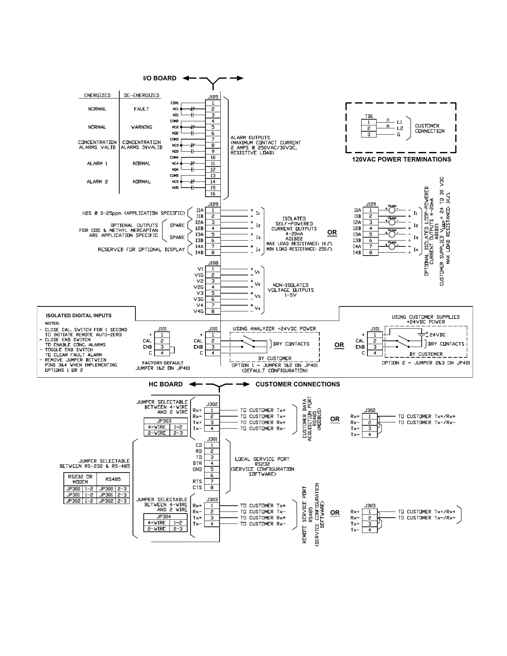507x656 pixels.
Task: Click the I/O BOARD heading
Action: click(159, 78)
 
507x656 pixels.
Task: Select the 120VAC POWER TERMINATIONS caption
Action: click(401, 159)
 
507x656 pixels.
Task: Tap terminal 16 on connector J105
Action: click(212, 194)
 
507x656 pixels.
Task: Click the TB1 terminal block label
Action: click(369, 116)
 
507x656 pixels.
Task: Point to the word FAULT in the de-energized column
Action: click(141, 109)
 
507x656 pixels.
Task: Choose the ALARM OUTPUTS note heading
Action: click(250, 137)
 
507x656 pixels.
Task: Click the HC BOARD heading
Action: click(166, 384)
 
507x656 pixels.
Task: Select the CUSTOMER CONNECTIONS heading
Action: click(297, 384)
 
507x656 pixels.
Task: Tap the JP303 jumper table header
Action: click(164, 421)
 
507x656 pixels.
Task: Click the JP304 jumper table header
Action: click(164, 516)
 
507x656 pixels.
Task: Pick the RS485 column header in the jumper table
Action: click(113, 480)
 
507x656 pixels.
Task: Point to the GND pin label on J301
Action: click(197, 470)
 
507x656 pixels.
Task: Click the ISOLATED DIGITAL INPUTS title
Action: click(78, 316)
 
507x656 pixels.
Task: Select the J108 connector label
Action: click(213, 263)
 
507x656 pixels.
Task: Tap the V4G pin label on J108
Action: click(198, 311)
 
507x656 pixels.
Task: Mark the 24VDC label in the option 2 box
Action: click(437, 335)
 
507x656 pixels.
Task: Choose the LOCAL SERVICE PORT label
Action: click(262, 459)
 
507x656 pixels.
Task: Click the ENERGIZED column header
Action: click(97, 95)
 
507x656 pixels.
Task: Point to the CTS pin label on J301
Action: click(197, 488)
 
